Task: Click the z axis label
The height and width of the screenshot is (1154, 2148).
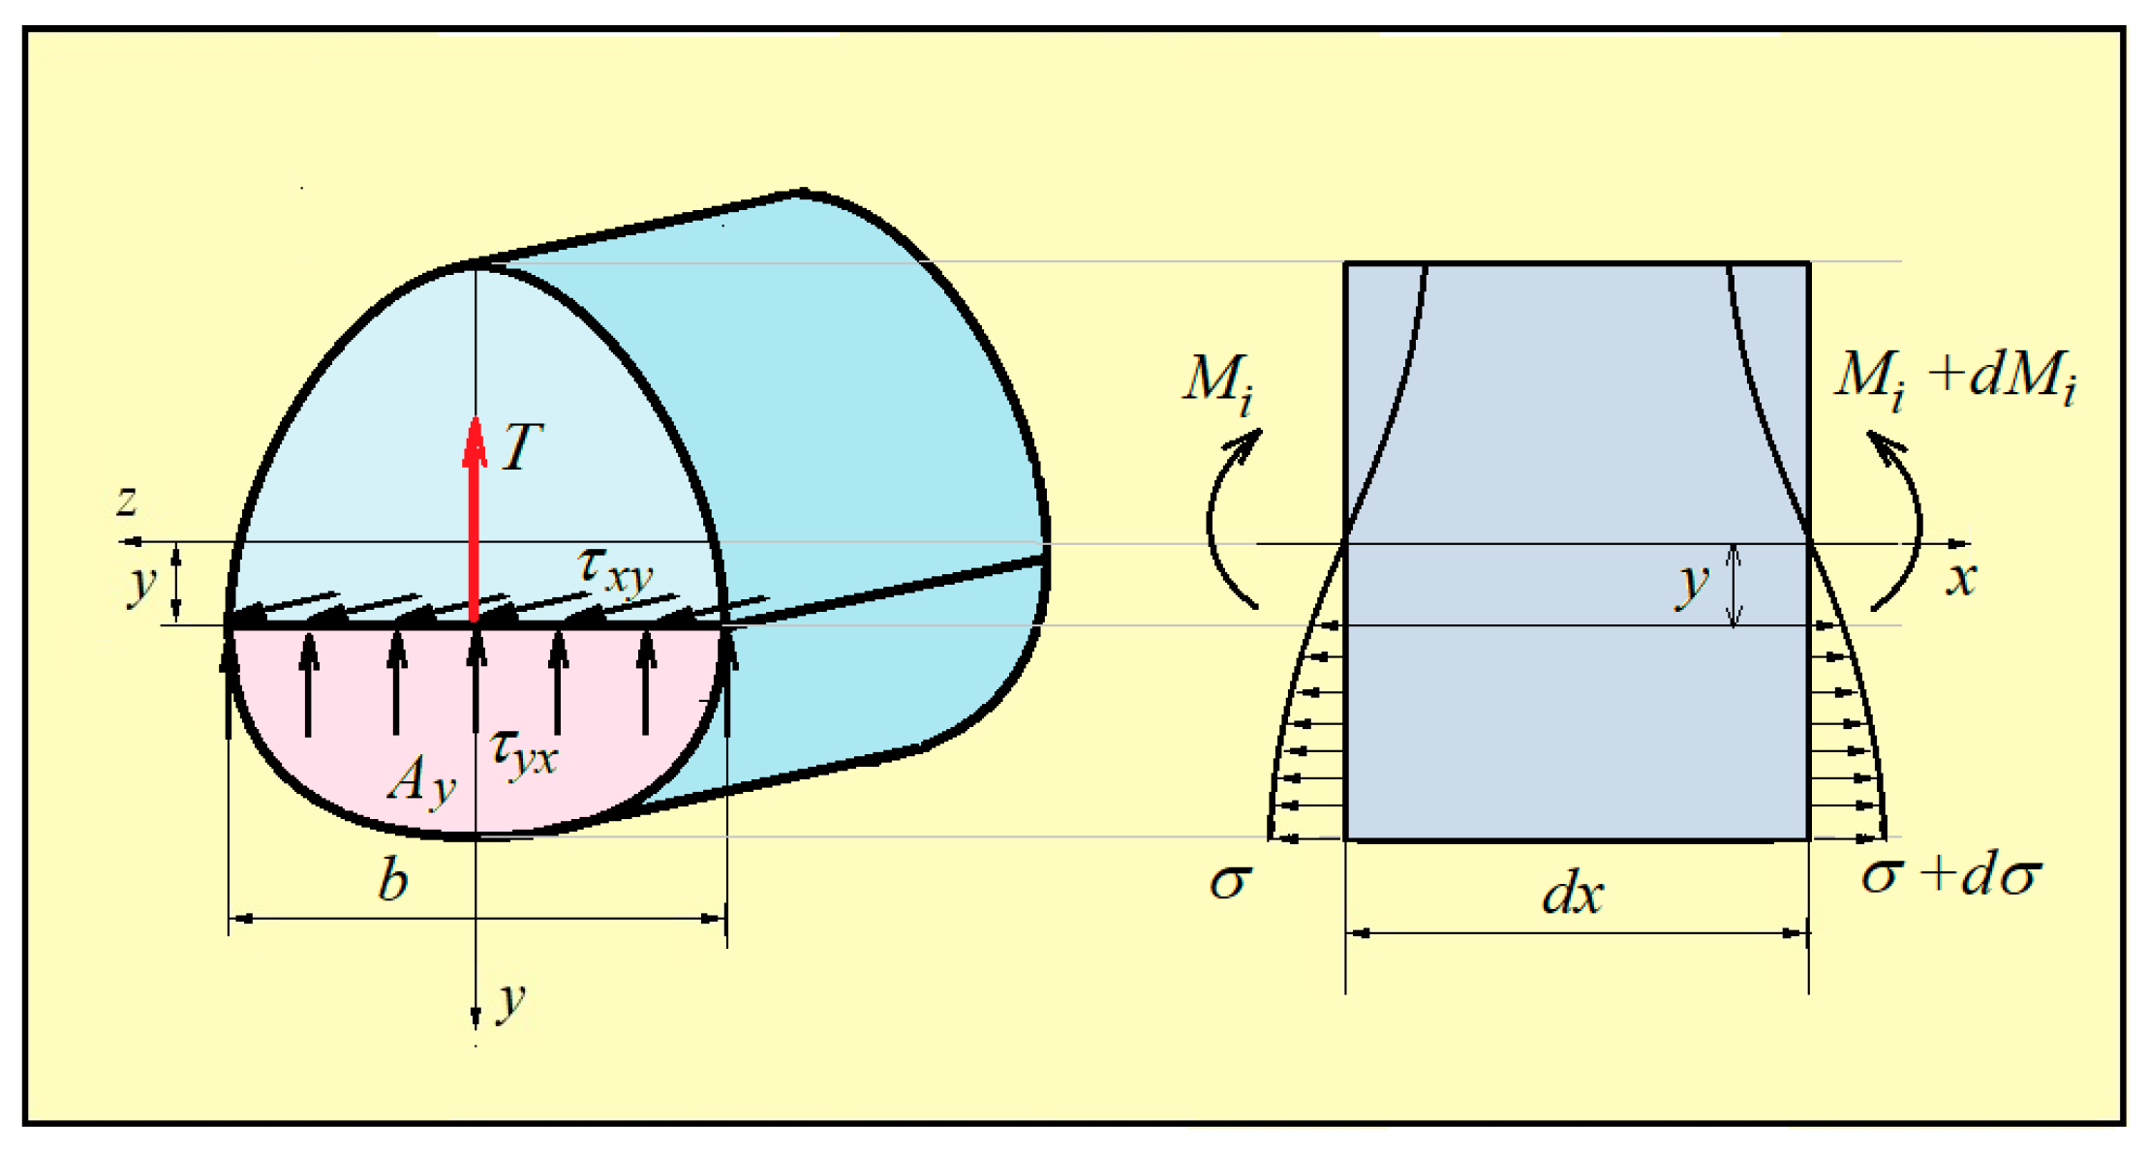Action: pos(127,501)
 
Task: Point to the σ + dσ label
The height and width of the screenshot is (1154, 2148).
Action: pos(1950,876)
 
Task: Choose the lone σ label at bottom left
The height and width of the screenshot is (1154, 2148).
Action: pos(1231,882)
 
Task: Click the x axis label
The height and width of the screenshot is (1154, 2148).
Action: pos(1961,580)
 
